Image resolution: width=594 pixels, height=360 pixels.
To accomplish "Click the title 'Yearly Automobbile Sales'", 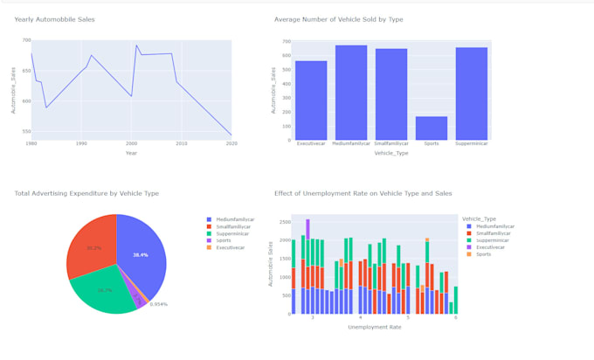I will coord(54,19).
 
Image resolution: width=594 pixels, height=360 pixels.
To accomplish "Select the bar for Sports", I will coord(432,128).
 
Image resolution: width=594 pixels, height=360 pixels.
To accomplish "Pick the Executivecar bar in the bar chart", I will coord(311,100).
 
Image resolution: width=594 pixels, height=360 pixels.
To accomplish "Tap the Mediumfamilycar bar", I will coord(351,93).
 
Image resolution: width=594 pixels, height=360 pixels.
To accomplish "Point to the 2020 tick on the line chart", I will coord(231,142).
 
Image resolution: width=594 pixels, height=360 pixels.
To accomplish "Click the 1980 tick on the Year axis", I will coord(31,142).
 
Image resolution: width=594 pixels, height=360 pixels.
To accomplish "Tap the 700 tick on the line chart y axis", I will coord(26,41).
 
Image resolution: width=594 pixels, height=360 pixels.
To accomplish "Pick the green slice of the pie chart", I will coord(103,290).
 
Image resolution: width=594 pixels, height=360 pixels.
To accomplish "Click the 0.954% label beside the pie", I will coord(158,304).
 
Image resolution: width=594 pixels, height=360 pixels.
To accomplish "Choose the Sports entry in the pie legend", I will coord(224,240).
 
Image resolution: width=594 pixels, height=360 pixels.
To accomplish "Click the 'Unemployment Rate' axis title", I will coord(375,327).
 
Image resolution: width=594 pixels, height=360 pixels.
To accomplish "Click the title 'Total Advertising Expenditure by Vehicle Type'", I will coord(86,193).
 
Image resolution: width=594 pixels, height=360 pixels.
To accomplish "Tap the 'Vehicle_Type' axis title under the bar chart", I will coord(390,153).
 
